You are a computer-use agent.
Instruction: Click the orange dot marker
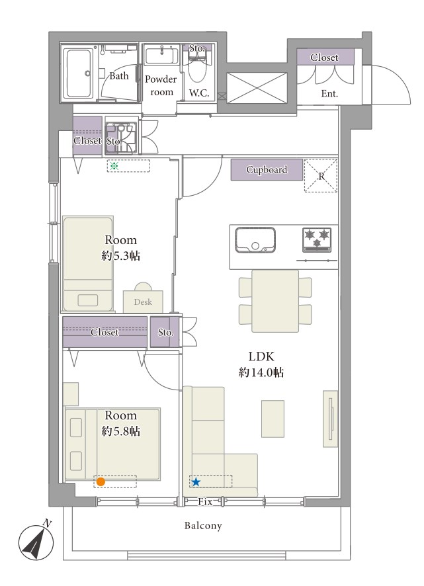[x=100, y=481]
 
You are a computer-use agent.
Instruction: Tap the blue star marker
[x=196, y=482]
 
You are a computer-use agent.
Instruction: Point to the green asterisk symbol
[x=114, y=165]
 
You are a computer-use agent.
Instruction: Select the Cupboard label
[x=267, y=170]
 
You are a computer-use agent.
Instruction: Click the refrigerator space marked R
[x=321, y=176]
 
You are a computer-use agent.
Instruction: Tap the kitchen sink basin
[x=255, y=240]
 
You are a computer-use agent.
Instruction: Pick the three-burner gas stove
[x=317, y=239]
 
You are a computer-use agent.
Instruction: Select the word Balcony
[x=203, y=526]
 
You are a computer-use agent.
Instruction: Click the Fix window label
[x=205, y=502]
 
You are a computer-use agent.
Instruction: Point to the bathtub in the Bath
[x=77, y=73]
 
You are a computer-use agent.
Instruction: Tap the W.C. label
[x=198, y=93]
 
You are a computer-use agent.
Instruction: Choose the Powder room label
[x=161, y=85]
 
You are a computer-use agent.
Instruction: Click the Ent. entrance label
[x=329, y=93]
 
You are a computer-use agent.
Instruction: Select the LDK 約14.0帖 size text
[x=261, y=364]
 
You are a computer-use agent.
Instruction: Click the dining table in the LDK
[x=275, y=301]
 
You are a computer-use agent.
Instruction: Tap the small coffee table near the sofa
[x=273, y=419]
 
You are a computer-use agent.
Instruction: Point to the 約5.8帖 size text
[x=121, y=431]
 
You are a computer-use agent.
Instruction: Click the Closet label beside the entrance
[x=324, y=58]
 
